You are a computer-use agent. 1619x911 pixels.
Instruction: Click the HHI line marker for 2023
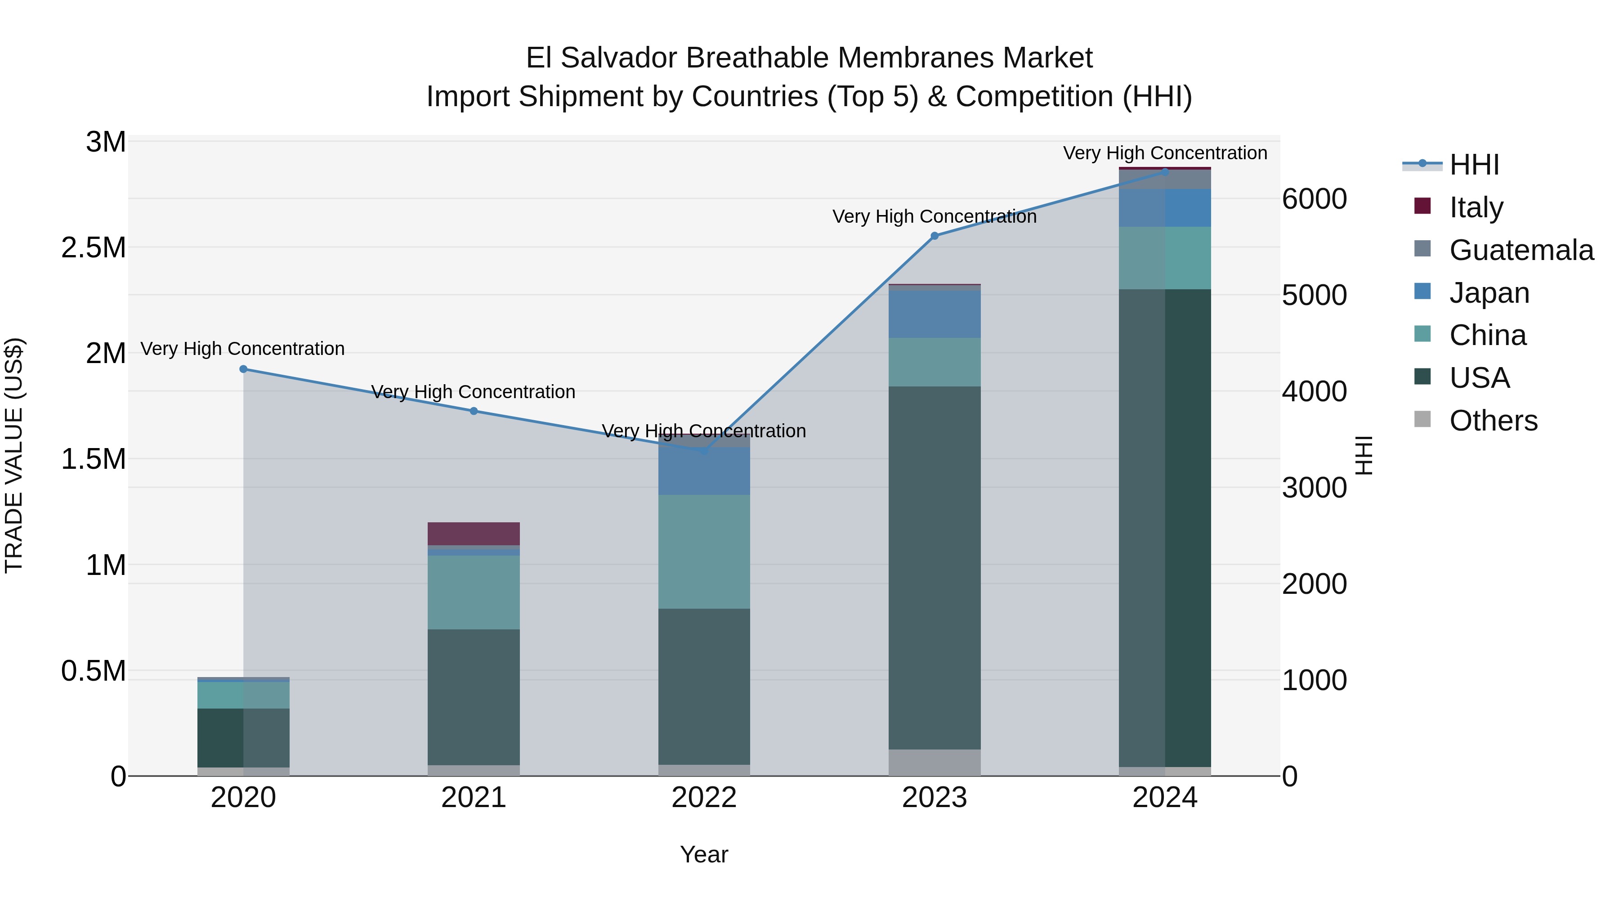click(934, 236)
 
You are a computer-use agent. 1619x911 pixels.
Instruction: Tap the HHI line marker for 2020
click(243, 369)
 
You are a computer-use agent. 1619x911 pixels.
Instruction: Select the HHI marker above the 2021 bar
click(474, 411)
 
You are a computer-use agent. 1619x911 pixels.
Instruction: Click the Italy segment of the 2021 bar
click(474, 534)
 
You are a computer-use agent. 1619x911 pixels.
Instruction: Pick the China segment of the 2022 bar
click(704, 552)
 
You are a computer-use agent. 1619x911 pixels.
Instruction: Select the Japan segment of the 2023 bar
click(934, 314)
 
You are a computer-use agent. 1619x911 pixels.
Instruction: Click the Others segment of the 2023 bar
click(934, 762)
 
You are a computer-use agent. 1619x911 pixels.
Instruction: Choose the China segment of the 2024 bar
click(1165, 258)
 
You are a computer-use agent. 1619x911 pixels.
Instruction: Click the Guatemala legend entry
click(1521, 250)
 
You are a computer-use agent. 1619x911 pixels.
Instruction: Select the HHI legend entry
click(1474, 165)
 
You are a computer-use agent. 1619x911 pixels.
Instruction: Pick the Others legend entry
click(1493, 421)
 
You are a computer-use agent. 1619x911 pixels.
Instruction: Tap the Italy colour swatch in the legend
click(1422, 206)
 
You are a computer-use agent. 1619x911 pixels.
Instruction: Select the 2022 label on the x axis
click(704, 798)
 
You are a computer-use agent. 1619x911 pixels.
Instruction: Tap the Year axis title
click(704, 854)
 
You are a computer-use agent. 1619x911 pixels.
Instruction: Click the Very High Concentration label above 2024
click(1165, 153)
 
